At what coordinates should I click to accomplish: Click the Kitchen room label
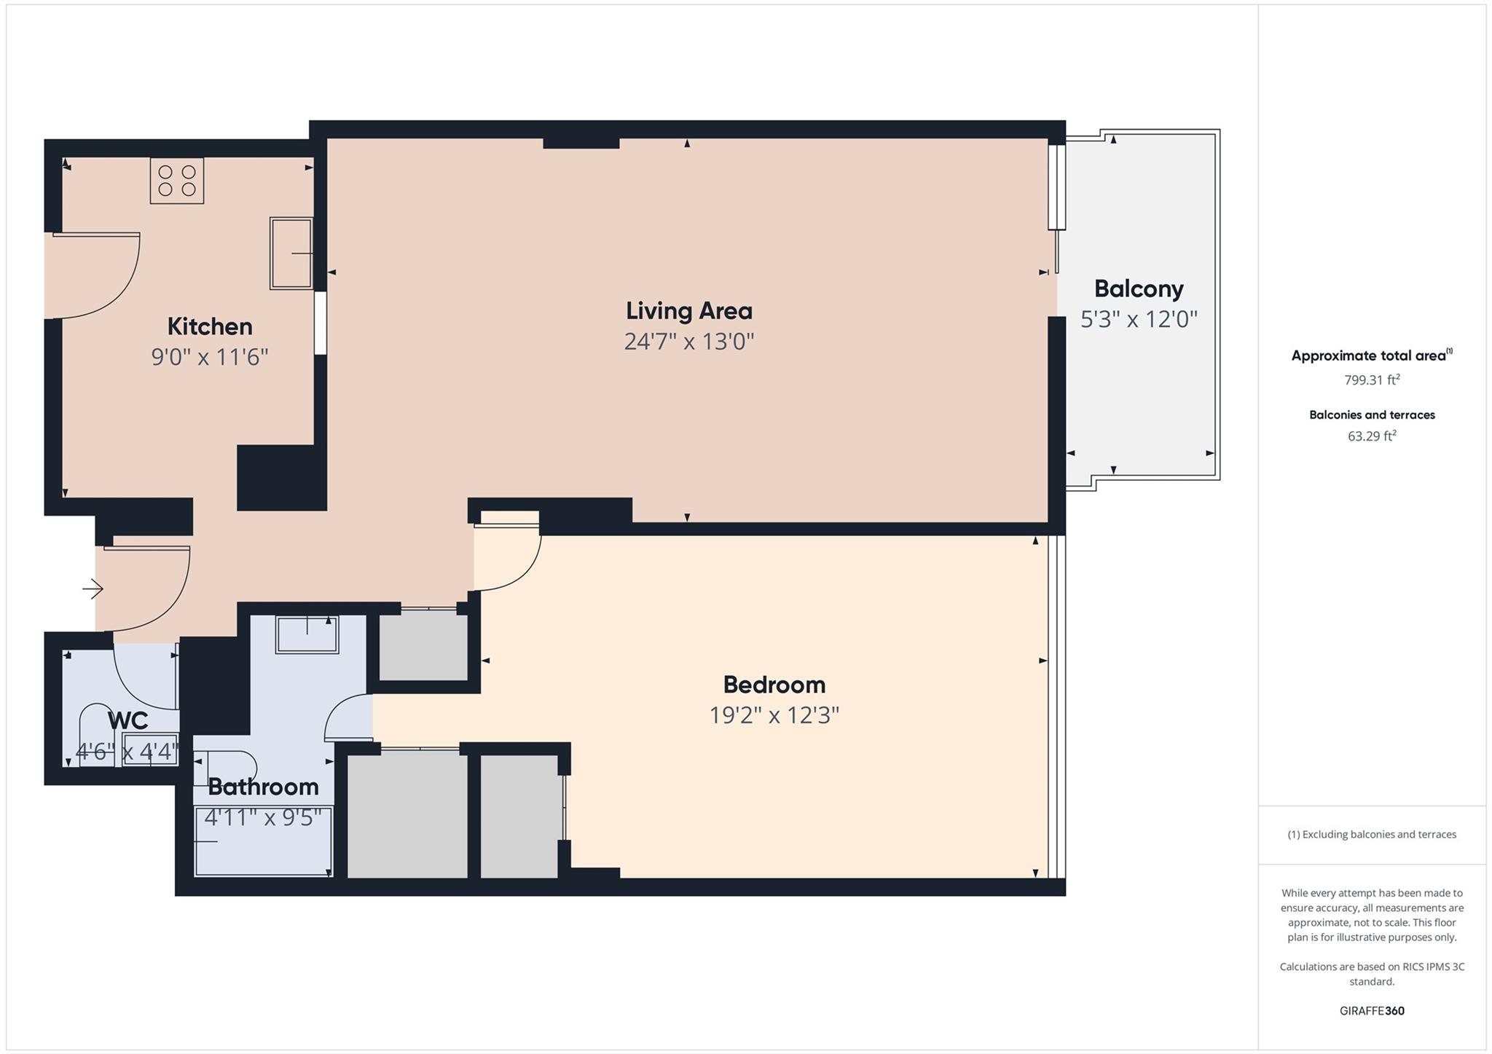[210, 326]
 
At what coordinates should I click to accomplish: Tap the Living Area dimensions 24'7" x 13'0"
[689, 342]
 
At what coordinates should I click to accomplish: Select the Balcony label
[1139, 289]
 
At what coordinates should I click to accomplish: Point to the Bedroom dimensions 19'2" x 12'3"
[774, 715]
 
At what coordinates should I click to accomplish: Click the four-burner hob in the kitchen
[177, 181]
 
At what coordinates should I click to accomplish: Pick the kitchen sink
[291, 253]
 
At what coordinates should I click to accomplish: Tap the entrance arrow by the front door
[93, 588]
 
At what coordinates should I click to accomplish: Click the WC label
[128, 720]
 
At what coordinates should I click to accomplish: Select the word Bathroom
[264, 787]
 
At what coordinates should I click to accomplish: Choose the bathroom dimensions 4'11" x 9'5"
[263, 818]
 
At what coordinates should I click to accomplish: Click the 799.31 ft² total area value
[1372, 379]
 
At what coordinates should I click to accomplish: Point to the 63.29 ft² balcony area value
[1372, 436]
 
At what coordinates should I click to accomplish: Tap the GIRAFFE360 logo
[1372, 1010]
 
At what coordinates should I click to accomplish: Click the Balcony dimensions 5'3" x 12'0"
[1139, 320]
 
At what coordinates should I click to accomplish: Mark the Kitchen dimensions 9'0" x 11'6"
[210, 358]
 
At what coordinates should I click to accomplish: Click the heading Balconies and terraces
[1372, 414]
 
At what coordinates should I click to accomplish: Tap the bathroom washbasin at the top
[307, 634]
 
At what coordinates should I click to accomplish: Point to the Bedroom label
[774, 685]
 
